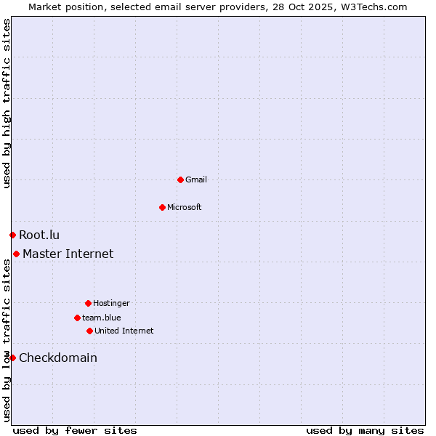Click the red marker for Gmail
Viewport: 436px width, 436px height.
pos(180,179)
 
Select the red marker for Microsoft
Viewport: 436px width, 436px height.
pos(162,207)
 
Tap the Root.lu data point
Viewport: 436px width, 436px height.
pos(12,235)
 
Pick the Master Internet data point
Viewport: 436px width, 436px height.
pos(16,254)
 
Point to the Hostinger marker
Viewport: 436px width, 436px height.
pos(88,303)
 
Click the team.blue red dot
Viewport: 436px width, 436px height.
pos(77,318)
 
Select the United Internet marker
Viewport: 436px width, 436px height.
pos(89,331)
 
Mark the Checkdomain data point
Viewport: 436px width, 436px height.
pos(12,358)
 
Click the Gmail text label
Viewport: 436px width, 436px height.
pos(196,179)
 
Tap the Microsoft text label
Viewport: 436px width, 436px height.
pos(185,207)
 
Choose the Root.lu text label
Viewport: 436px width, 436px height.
pos(39,235)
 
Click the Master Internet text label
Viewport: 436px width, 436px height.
pos(68,254)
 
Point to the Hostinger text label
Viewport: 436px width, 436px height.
pos(111,303)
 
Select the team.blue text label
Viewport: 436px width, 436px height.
pos(102,318)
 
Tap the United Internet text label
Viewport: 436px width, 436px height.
pos(124,331)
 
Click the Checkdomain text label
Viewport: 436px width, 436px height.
pos(58,358)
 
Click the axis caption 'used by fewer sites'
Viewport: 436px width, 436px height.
pos(75,430)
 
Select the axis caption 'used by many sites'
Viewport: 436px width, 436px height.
pos(365,430)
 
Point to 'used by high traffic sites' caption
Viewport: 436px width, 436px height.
pos(7,103)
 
